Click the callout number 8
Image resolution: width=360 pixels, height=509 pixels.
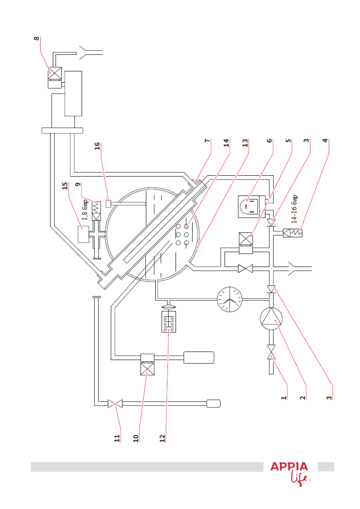36,38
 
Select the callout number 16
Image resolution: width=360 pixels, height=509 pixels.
97,146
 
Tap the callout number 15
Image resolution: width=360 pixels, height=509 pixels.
65,186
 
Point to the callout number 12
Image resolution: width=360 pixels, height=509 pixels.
162,438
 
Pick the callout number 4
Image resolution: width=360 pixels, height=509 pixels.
325,141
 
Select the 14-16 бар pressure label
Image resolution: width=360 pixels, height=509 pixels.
294,209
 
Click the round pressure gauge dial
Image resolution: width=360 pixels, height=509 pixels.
229,299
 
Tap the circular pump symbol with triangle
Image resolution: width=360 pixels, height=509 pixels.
271,319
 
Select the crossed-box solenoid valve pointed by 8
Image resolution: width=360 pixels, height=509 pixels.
55,73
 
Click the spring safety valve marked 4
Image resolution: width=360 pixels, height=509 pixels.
293,233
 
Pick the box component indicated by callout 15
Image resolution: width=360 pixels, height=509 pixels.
83,234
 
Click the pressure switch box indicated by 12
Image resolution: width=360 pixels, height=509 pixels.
169,322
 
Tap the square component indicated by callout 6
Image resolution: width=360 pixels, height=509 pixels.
251,206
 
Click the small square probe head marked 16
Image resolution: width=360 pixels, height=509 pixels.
109,204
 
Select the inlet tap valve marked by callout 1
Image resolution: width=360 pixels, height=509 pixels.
271,352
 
